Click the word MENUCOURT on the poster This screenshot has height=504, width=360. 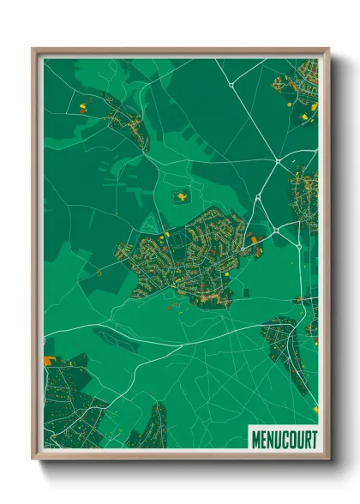tap(284, 439)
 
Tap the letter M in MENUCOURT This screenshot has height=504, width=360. tap(256, 439)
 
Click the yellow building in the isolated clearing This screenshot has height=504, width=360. tap(182, 196)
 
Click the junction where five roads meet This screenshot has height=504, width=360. tap(279, 159)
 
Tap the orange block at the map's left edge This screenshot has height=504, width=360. tap(49, 346)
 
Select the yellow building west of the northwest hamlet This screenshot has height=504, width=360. tap(83, 107)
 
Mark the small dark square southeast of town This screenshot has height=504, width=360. tap(246, 293)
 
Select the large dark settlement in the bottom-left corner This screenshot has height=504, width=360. tap(73, 403)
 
